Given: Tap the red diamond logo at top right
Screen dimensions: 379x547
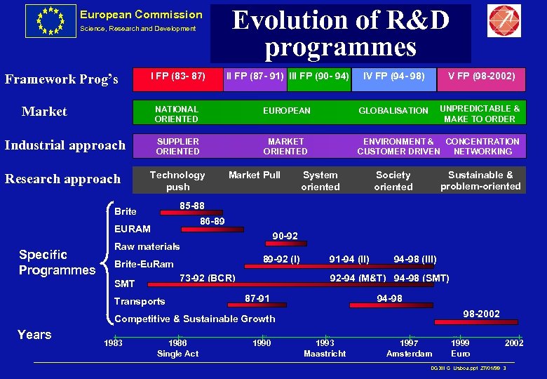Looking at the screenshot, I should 504,21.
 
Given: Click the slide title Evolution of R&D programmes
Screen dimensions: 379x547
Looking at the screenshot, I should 341,34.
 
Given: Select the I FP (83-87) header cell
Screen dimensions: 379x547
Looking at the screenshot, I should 177,76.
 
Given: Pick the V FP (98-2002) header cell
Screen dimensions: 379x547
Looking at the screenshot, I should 477,76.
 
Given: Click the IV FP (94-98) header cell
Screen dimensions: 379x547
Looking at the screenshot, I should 393,76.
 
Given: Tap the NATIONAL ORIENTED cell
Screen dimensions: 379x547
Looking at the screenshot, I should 177,114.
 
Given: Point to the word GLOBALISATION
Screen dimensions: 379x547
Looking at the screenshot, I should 393,110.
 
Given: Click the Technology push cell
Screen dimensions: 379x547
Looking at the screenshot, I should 177,180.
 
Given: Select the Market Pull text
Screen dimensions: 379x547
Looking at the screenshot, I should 254,175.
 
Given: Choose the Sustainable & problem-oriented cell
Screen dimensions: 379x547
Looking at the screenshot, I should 480,180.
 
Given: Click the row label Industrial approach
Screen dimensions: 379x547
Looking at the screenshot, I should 65,145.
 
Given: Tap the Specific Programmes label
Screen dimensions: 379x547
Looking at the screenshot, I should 56,262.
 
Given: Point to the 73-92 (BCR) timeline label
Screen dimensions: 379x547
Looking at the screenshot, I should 208,277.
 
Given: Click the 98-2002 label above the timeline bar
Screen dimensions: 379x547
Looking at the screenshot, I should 480,313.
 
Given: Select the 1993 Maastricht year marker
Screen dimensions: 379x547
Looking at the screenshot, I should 325,348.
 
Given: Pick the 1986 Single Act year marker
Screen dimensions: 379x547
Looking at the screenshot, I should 177,348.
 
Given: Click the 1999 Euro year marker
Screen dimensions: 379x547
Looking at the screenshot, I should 460,348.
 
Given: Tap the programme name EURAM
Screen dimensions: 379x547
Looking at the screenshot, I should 132,229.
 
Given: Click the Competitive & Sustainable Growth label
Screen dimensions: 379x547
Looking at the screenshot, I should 194,319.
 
